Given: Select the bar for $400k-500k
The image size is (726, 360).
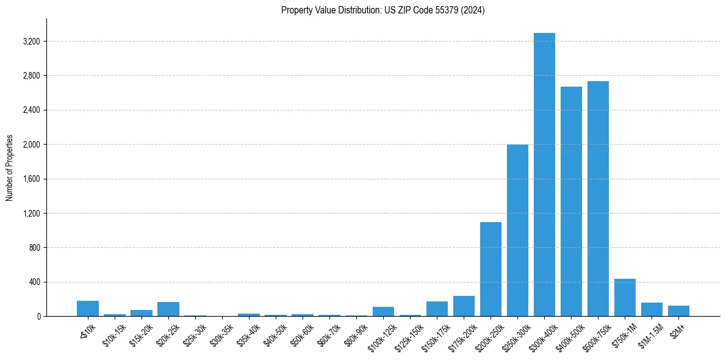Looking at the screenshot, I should (x=571, y=201).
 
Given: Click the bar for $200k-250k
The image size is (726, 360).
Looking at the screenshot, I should (x=491, y=269).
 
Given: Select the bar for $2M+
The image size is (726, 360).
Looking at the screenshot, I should (x=678, y=311).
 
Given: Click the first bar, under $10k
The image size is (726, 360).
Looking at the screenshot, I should (x=88, y=309).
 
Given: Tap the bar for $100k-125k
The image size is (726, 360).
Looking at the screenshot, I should (x=383, y=312).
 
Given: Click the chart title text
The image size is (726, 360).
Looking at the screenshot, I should (x=383, y=10).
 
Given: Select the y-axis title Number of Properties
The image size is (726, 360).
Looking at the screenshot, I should (x=10, y=168).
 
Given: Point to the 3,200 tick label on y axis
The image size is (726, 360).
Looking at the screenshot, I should (x=31, y=41).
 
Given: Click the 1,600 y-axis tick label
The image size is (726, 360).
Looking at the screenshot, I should (x=31, y=179).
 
